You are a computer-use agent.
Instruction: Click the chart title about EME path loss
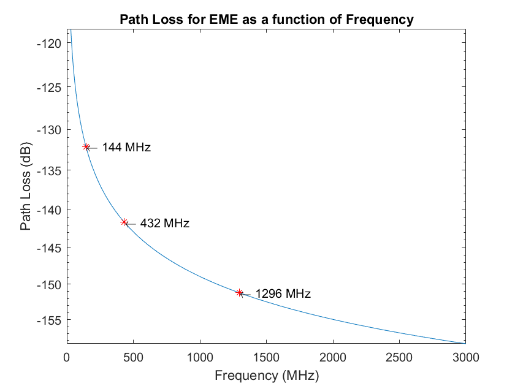pyautogui.click(x=266, y=20)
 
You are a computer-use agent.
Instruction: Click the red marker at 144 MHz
pyautogui.click(x=86, y=147)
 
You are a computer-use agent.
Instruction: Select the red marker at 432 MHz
pyautogui.click(x=124, y=222)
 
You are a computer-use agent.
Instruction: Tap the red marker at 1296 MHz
pyautogui.click(x=239, y=293)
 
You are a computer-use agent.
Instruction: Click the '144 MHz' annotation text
pyautogui.click(x=126, y=148)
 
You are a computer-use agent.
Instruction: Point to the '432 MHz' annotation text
pyautogui.click(x=164, y=224)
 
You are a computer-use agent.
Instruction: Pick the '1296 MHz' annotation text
pyautogui.click(x=283, y=294)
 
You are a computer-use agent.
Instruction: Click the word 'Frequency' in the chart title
pyautogui.click(x=380, y=20)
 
